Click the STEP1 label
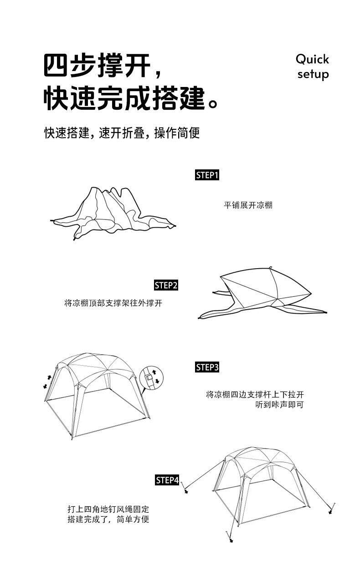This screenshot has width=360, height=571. [207, 175]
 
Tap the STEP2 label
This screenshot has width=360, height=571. [166, 285]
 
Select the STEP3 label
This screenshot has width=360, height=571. [207, 367]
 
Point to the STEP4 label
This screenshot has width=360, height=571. [167, 480]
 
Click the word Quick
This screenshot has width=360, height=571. [312, 59]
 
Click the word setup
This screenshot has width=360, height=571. [313, 74]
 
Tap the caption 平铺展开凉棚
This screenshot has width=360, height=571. [248, 205]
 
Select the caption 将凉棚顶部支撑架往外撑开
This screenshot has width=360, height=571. [113, 303]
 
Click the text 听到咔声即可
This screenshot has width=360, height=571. [279, 404]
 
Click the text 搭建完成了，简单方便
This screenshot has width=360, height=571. [108, 520]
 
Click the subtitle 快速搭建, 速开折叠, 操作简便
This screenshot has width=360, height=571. [122, 133]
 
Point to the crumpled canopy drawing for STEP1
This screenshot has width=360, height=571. [112, 212]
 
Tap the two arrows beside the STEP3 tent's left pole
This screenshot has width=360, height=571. [47, 382]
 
